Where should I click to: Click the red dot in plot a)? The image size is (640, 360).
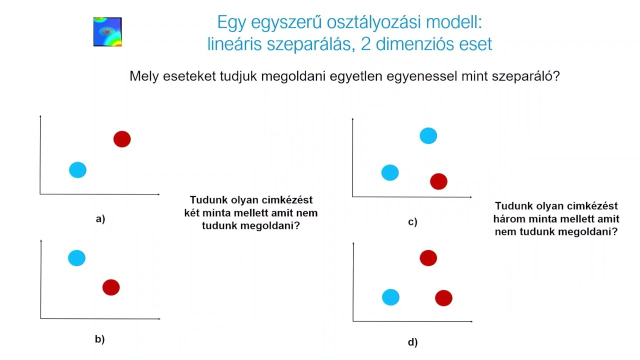(x=122, y=139)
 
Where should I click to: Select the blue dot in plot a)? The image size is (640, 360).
(x=77, y=170)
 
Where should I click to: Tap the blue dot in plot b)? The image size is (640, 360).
(x=76, y=258)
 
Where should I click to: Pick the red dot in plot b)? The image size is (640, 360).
(x=111, y=287)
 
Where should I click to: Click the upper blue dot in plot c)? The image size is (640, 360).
(x=428, y=135)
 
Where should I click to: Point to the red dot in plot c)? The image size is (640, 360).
(x=438, y=181)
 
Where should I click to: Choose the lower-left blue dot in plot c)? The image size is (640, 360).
(x=390, y=172)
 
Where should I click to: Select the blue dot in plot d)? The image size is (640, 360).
(x=390, y=297)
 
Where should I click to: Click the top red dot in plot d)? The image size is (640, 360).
(x=428, y=258)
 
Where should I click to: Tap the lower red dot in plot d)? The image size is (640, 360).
(x=443, y=298)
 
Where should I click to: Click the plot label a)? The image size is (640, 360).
(x=100, y=218)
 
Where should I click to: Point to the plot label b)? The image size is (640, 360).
(x=100, y=339)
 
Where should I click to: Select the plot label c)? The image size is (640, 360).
(x=412, y=222)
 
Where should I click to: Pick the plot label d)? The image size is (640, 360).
(x=412, y=342)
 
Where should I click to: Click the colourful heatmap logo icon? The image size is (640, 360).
(x=107, y=32)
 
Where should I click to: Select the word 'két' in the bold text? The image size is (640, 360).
(x=193, y=213)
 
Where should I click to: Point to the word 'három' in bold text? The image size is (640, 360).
(x=507, y=219)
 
